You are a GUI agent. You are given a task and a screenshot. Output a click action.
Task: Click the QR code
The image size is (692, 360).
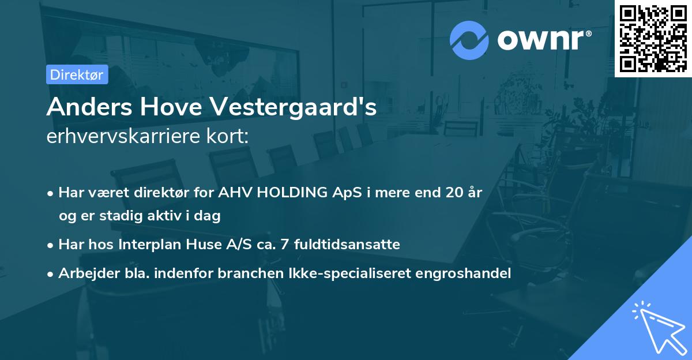click(x=653, y=39)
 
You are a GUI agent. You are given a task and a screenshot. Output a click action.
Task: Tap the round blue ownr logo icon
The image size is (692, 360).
click(x=469, y=40)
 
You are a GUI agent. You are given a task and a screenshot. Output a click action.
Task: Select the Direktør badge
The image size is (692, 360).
click(x=77, y=75)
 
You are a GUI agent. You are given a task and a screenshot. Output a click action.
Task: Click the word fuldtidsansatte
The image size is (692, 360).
click(x=347, y=245)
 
